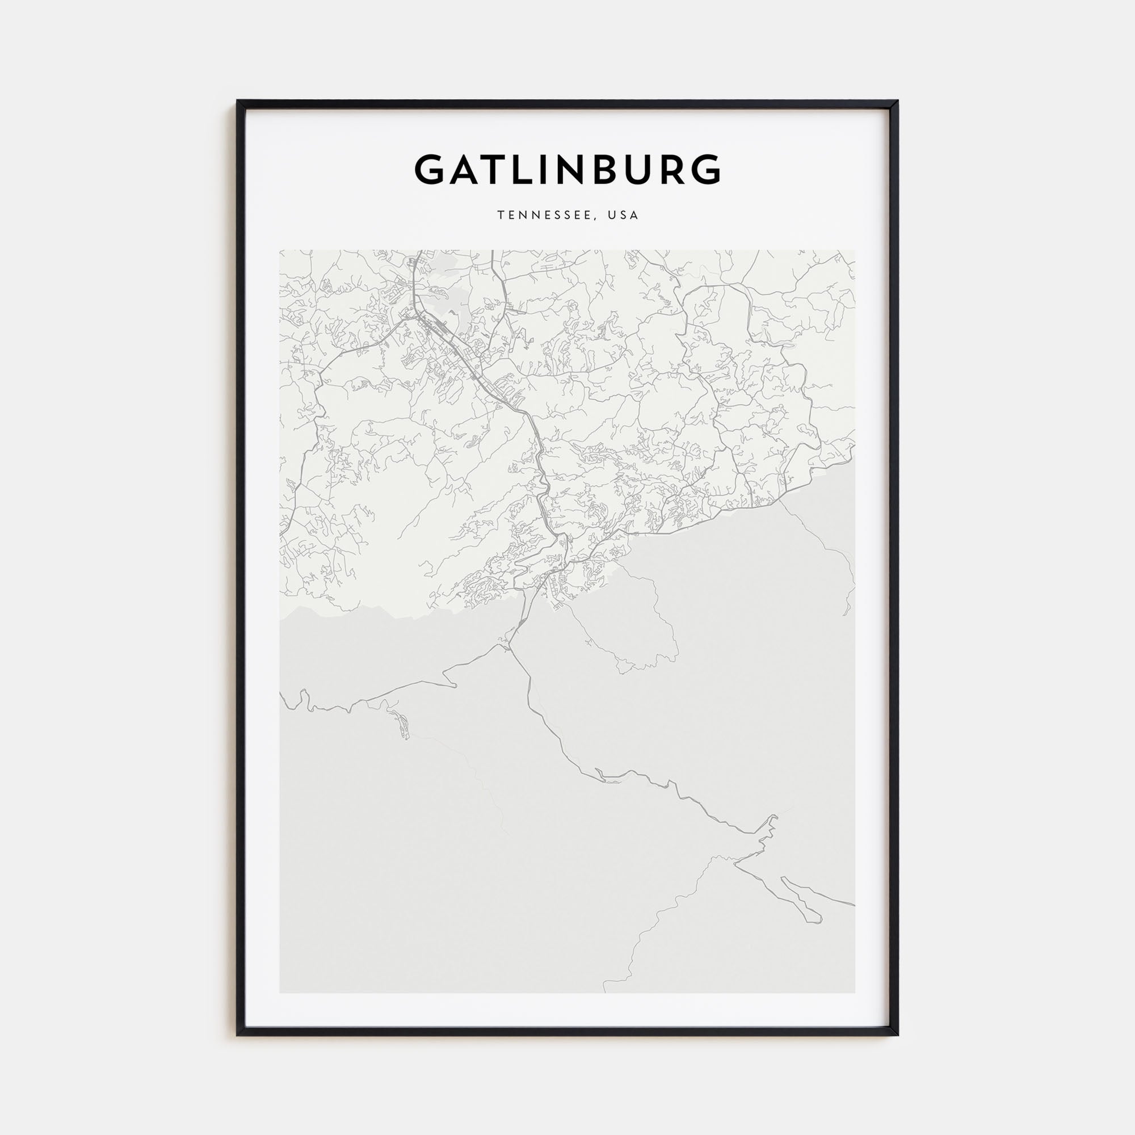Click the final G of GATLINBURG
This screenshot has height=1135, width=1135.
[705, 170]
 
